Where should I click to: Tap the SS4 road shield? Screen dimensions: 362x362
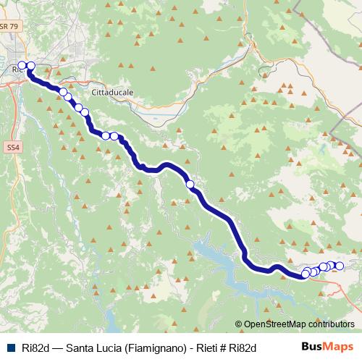12,147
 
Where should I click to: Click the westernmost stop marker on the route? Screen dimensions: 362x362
22,66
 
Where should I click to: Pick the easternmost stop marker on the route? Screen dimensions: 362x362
340,266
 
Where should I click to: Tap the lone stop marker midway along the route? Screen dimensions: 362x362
190,185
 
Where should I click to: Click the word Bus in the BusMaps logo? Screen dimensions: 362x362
313,347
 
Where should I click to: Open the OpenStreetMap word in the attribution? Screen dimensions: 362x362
274,324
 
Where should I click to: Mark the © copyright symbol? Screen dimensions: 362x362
239,324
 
